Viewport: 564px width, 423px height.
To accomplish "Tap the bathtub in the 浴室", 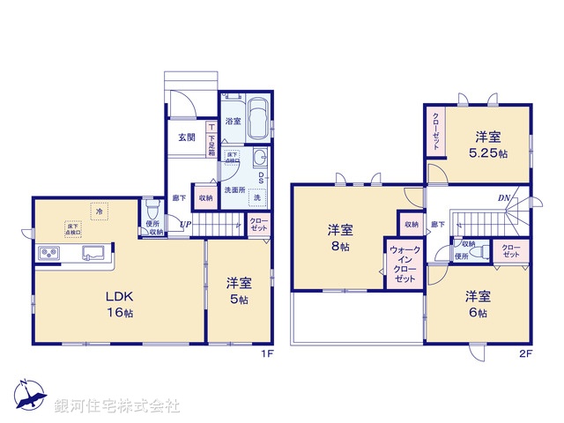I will [257, 119].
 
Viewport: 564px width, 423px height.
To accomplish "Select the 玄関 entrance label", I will [187, 136].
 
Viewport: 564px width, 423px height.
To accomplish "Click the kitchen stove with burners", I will [49, 255].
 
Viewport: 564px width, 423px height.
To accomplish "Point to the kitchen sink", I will [93, 254].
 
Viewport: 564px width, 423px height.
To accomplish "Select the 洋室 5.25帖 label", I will [490, 145].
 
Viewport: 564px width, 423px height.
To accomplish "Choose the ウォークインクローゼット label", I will [404, 263].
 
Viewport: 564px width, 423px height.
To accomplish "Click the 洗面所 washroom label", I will [233, 189].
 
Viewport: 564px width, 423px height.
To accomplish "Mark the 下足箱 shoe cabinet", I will [211, 141].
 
